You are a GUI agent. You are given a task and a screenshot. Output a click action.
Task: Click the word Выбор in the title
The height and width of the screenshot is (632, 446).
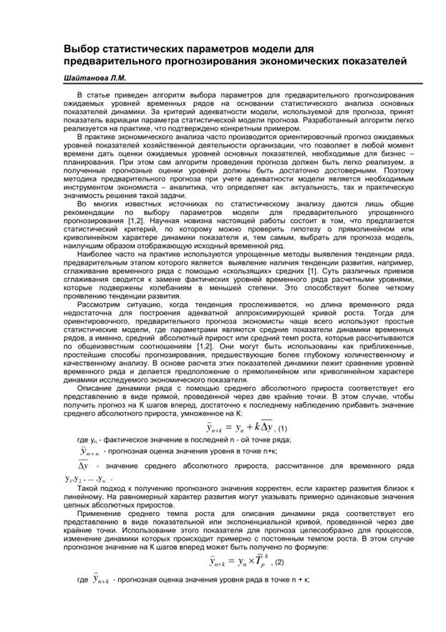click(x=82, y=48)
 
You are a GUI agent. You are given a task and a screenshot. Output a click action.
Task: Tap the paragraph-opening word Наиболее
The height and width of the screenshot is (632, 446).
click(x=94, y=252)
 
